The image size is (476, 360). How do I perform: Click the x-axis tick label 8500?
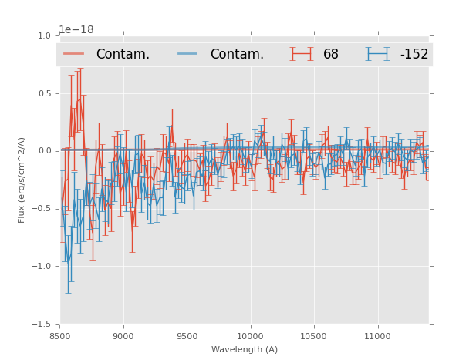pyautogui.click(x=59, y=336)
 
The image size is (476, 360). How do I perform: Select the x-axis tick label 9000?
pyautogui.click(x=123, y=336)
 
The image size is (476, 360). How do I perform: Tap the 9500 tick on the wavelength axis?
pyautogui.click(x=187, y=336)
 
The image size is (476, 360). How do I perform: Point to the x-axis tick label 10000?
pyautogui.click(x=250, y=336)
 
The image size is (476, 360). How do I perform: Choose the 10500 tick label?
pyautogui.click(x=314, y=336)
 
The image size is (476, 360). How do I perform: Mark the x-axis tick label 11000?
pyautogui.click(x=377, y=336)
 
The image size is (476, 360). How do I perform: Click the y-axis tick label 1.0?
pyautogui.click(x=44, y=35)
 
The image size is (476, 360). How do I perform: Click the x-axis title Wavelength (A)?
pyautogui.click(x=245, y=350)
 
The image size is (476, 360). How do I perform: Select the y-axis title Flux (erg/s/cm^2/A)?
pyautogui.click(x=22, y=180)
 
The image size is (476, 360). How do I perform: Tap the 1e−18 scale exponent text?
pyautogui.click(x=76, y=29)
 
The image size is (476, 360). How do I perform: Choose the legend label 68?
pyautogui.click(x=331, y=55)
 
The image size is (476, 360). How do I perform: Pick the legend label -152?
pyautogui.click(x=414, y=55)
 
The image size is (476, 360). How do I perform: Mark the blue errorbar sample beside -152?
pyautogui.click(x=377, y=54)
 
